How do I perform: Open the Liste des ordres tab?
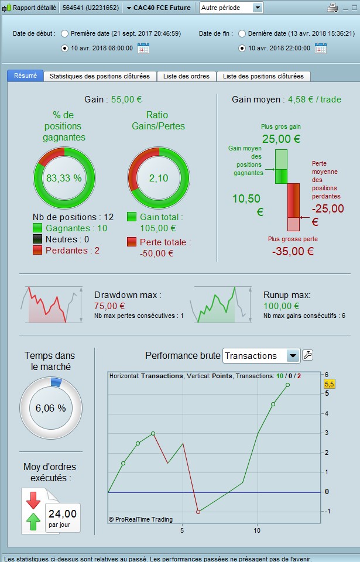tap(187, 76)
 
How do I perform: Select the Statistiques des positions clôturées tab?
tap(100, 76)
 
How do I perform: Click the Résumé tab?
tap(25, 76)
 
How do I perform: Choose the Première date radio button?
tap(64, 34)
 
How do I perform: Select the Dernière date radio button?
tap(242, 34)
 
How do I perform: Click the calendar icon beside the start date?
tap(143, 49)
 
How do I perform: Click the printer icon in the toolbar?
tap(332, 8)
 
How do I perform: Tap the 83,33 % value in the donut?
tap(63, 177)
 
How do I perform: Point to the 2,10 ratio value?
tap(158, 177)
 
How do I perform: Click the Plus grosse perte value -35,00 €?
tap(292, 251)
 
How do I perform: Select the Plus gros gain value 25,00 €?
tap(281, 139)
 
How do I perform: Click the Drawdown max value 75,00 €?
tap(109, 306)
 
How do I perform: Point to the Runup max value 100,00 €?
tap(282, 306)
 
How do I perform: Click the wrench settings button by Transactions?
tap(307, 355)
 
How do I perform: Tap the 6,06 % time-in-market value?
tap(50, 408)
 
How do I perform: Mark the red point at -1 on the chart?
tap(198, 512)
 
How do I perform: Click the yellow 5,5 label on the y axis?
tap(329, 384)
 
